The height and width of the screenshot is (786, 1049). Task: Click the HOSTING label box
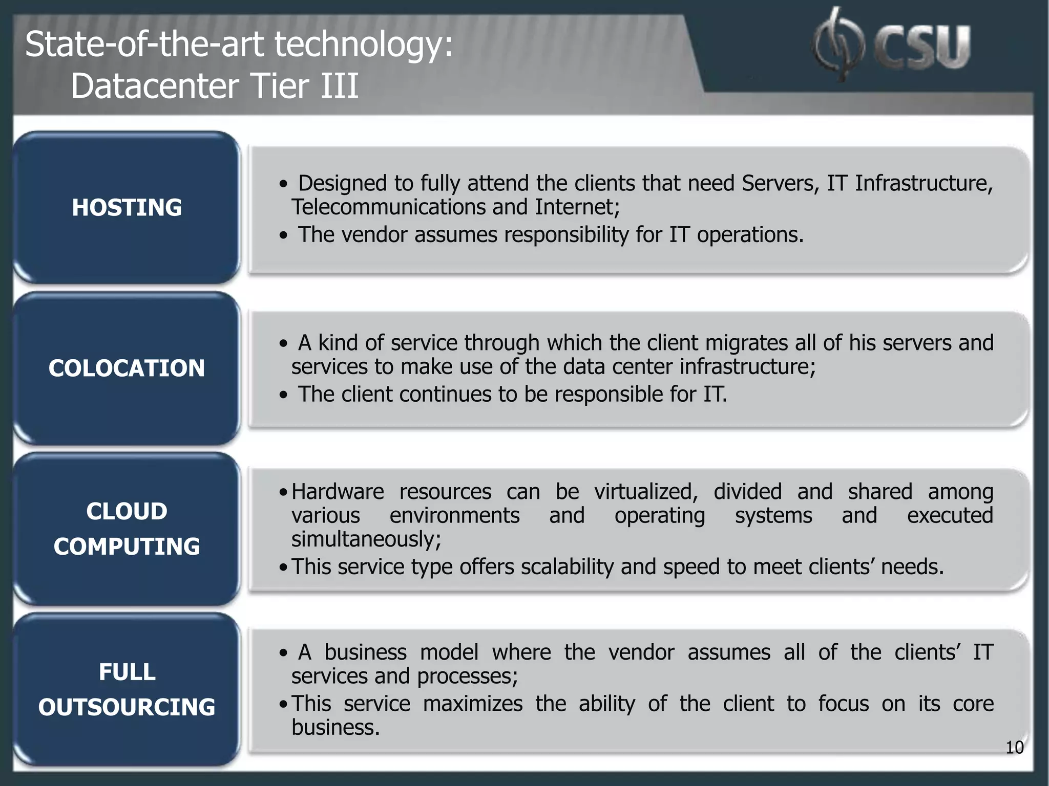(127, 207)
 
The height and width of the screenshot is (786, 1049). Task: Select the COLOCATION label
(127, 368)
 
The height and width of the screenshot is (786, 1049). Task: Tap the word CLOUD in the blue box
(127, 511)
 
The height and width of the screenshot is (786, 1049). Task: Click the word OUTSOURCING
(127, 707)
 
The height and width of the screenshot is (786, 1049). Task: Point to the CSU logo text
(922, 47)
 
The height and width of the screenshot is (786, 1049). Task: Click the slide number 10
(1014, 747)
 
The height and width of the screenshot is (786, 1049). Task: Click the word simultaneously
(366, 539)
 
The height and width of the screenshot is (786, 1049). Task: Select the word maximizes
(472, 704)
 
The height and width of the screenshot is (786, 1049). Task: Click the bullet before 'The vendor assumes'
(283, 235)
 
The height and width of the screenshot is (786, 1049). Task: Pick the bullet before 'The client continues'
(283, 395)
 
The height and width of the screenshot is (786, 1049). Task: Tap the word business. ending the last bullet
(335, 727)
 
